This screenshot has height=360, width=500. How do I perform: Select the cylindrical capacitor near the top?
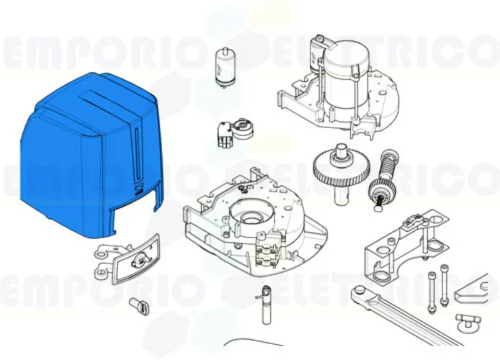tap(226, 65)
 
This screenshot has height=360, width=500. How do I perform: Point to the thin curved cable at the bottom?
tap(252, 343)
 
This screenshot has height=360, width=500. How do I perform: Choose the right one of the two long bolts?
tap(444, 284)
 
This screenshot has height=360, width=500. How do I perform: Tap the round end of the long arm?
tap(359, 292)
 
